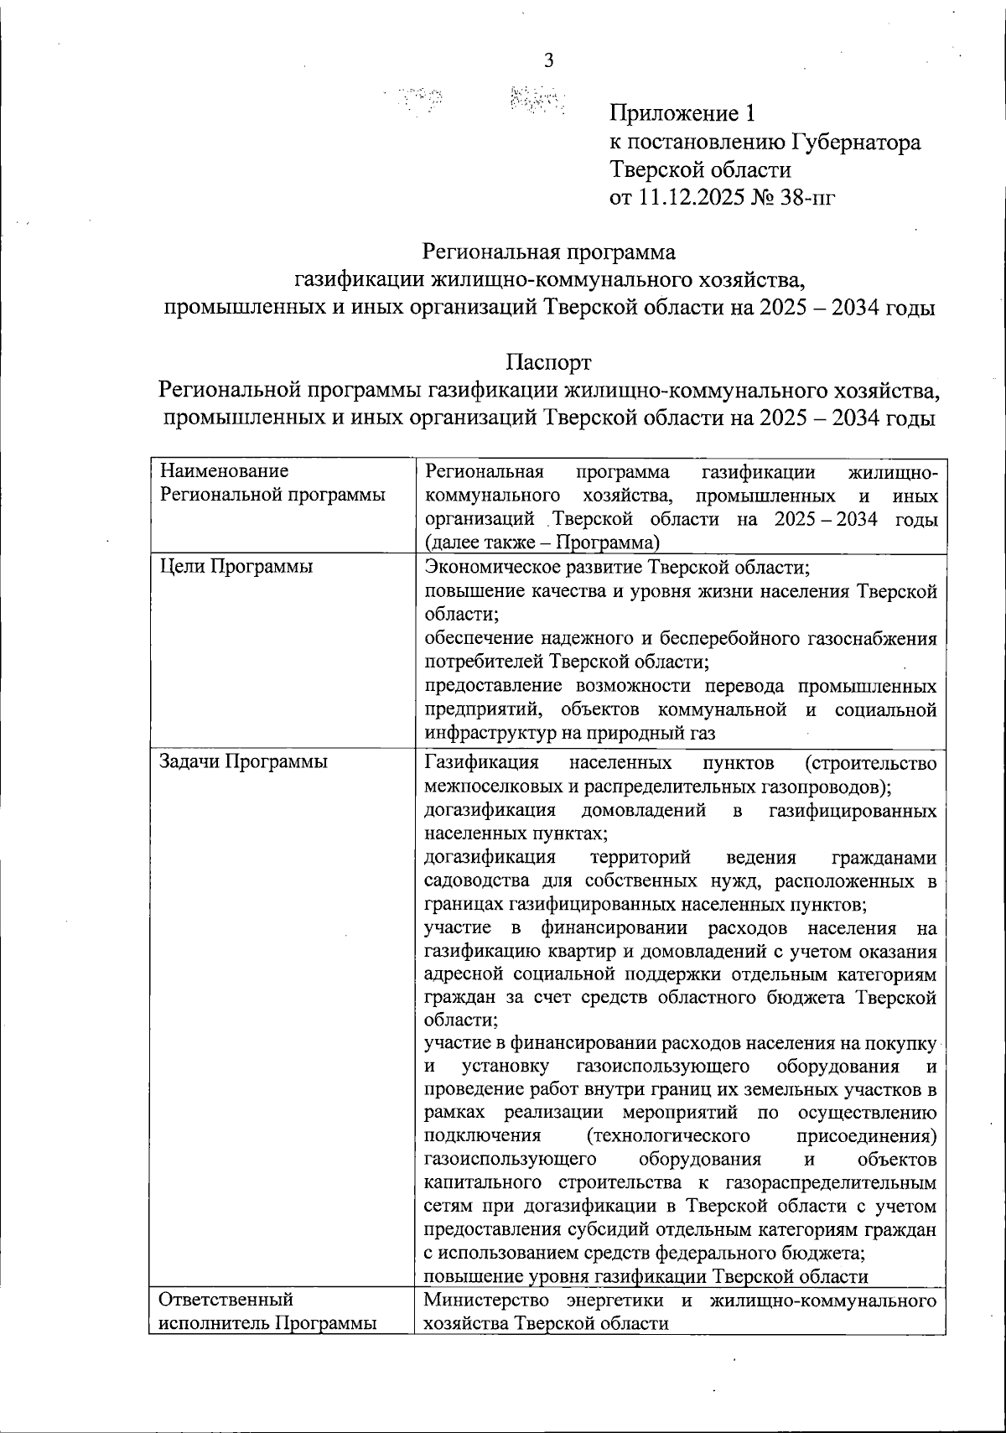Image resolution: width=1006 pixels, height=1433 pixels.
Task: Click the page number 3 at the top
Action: [x=549, y=60]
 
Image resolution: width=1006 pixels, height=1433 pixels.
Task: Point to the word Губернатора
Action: [x=853, y=142]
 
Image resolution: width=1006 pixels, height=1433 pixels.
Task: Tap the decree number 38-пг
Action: [x=806, y=198]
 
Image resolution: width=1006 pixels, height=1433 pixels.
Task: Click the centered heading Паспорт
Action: [x=548, y=362]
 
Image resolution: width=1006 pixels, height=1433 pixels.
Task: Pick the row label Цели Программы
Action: [x=236, y=566]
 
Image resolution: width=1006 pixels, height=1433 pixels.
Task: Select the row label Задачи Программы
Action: [x=243, y=761]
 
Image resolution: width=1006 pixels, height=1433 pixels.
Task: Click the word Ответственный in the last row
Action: [x=226, y=1301]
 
